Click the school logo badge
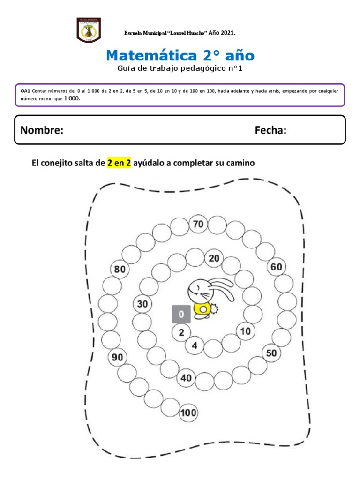[x=88, y=30]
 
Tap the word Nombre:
[x=42, y=130]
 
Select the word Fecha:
[x=270, y=130]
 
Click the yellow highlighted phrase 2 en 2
[x=119, y=163]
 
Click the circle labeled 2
[x=181, y=333]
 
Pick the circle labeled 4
[x=194, y=346]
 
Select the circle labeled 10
[x=246, y=331]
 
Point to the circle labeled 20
[x=214, y=258]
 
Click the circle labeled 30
[x=142, y=304]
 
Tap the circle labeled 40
[x=187, y=378]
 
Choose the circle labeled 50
[x=271, y=353]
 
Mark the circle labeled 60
[x=276, y=267]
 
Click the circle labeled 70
[x=198, y=225]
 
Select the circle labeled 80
[x=120, y=270]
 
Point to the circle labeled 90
[x=117, y=358]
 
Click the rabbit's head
[x=198, y=292]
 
